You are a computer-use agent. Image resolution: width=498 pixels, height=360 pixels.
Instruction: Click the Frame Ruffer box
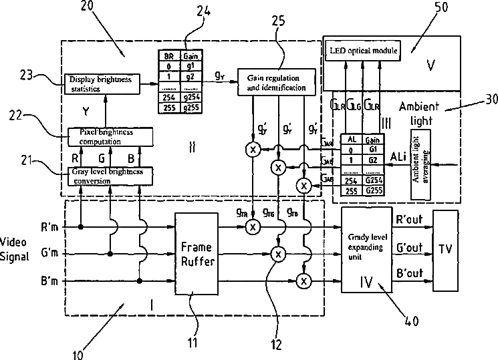point(198,254)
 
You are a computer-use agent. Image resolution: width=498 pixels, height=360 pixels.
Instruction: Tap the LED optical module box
point(362,51)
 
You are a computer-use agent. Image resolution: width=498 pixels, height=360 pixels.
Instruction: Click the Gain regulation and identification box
point(275,82)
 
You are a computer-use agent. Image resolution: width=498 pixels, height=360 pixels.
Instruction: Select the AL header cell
point(352,138)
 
